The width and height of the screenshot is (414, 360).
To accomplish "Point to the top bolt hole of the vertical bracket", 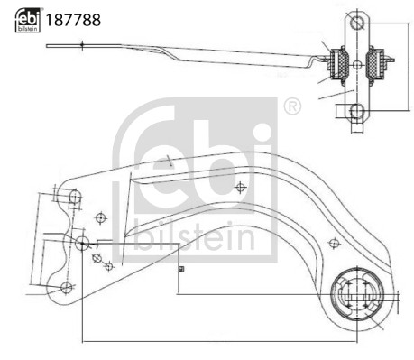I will [x=356, y=22].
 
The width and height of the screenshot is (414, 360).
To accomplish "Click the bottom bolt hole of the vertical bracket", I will [x=356, y=111].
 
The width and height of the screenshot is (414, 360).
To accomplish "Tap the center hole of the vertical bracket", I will [x=356, y=65].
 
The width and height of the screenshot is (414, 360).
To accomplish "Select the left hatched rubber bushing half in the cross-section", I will [x=340, y=62].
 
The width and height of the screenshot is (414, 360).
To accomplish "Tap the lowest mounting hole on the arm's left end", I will [x=65, y=287].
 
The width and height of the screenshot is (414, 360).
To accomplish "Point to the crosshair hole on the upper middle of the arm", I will [x=239, y=187].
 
